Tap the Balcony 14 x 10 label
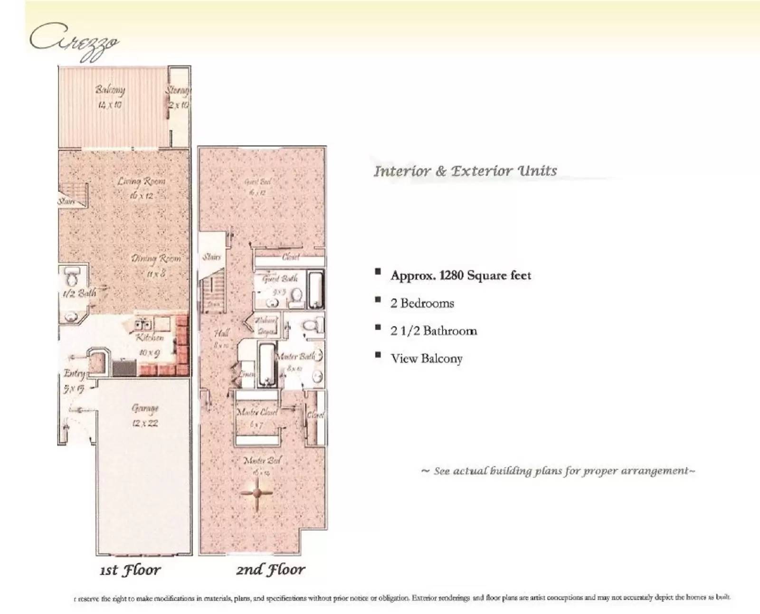110,96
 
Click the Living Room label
141,188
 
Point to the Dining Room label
156,265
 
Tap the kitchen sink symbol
143,325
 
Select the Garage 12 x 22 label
145,415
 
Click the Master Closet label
256,417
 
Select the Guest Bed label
257,187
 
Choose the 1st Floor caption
130,570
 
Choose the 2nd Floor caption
270,569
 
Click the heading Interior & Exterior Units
465,171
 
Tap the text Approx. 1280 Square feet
460,275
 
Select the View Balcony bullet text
426,359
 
